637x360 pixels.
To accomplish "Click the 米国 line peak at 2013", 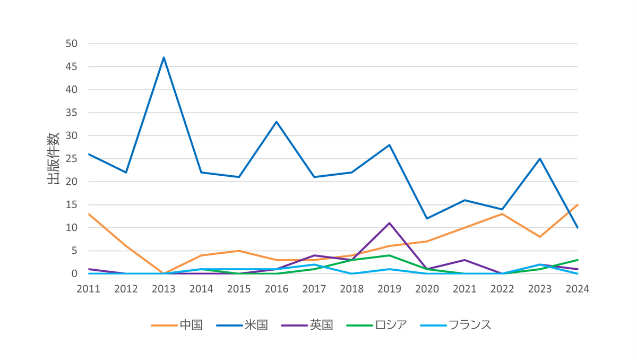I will pos(164,57).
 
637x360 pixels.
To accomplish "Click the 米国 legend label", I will pos(256,325).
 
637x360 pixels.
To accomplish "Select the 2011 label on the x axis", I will pos(89,289).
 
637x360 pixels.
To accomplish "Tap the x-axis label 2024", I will pos(577,289).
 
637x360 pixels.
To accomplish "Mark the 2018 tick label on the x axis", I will pos(351,289).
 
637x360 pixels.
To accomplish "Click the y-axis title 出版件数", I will pos(53,159).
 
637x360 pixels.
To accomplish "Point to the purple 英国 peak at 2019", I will pos(390,223).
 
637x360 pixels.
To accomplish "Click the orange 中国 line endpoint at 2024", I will pos(577,205).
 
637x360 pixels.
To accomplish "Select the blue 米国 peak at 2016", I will pos(277,122).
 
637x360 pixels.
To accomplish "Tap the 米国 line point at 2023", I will pos(540,159).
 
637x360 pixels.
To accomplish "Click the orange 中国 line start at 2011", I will pos(89,214).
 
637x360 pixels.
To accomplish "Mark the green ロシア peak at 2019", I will pos(390,255).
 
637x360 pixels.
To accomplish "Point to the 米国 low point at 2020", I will pos(427,218).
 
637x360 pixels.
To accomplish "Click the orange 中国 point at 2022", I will pos(502,214).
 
